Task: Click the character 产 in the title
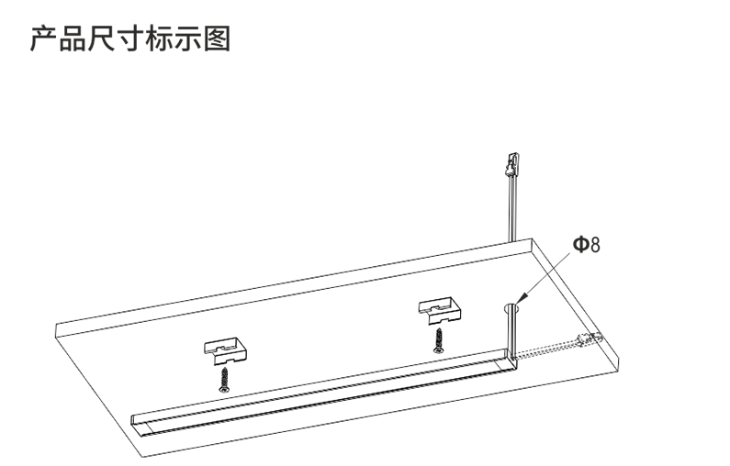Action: (x=44, y=39)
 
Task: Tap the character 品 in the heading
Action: (x=73, y=39)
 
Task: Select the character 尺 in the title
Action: (x=102, y=39)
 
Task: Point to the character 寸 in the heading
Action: (x=130, y=39)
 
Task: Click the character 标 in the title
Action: (x=159, y=39)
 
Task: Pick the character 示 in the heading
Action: (x=188, y=39)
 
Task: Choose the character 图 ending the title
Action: (x=217, y=39)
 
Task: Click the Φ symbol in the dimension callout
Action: (x=580, y=244)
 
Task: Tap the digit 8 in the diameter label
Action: (x=595, y=245)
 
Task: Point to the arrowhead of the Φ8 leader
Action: (x=522, y=297)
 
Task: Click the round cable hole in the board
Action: (x=511, y=307)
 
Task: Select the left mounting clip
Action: (x=225, y=351)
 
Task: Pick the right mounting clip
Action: (x=440, y=311)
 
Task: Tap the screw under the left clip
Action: (x=224, y=380)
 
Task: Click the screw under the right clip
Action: (x=439, y=341)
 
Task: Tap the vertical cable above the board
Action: (x=512, y=208)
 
